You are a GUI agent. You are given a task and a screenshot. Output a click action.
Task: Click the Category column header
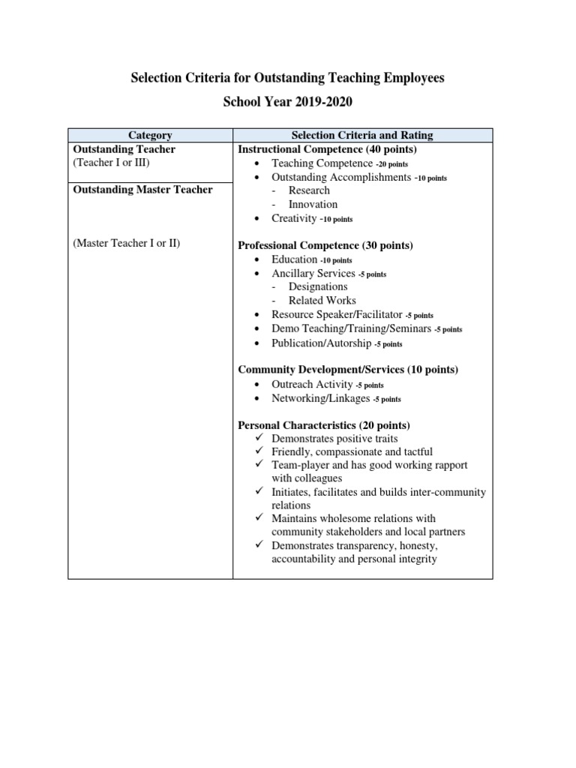[x=150, y=136]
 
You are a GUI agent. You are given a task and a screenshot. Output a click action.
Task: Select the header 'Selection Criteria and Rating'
[x=362, y=136]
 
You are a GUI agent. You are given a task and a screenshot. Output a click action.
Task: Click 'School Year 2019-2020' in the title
[x=287, y=102]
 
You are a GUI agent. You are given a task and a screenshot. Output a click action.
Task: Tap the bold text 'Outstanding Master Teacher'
[x=142, y=190]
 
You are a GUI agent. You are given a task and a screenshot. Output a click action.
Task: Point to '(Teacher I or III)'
[x=116, y=163]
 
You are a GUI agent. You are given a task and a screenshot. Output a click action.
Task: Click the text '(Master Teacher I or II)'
[x=127, y=244]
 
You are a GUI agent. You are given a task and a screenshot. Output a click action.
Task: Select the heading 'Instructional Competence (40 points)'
[x=327, y=149]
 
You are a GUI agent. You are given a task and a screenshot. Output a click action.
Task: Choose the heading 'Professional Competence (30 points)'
[x=325, y=245]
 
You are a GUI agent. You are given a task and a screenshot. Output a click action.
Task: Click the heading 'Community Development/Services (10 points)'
[x=348, y=370]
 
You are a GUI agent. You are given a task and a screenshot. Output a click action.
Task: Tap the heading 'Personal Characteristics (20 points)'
[x=324, y=425]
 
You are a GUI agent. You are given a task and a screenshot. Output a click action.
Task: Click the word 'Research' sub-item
[x=309, y=190]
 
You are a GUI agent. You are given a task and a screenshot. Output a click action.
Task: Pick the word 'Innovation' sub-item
[x=313, y=204]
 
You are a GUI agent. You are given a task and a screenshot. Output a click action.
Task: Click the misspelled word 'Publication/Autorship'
[x=322, y=343]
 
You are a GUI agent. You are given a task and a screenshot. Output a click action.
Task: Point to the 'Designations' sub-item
[x=318, y=286]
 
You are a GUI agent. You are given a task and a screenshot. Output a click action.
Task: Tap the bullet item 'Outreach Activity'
[x=312, y=384]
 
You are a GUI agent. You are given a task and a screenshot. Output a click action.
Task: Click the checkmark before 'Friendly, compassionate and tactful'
[x=258, y=451]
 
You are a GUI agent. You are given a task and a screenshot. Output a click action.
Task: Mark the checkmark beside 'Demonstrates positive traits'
[x=258, y=438]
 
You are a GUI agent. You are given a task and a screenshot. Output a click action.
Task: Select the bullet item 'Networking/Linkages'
[x=320, y=398]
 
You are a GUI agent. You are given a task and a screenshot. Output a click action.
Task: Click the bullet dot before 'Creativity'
[x=258, y=219]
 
